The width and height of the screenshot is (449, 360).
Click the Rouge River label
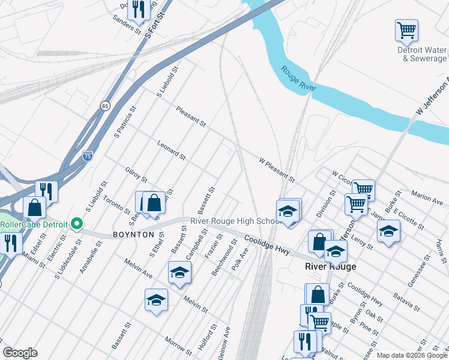pyautogui.click(x=298, y=79)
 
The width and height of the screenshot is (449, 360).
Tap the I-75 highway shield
pyautogui.click(x=88, y=156)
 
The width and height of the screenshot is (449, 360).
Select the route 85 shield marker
pyautogui.click(x=106, y=106)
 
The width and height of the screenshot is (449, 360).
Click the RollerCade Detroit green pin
pyautogui.click(x=76, y=224)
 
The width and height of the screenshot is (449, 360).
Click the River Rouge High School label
pyautogui.click(x=236, y=221)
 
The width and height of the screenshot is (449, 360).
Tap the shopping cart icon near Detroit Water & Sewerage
pyautogui.click(x=406, y=30)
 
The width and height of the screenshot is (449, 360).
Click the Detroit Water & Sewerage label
pyautogui.click(x=423, y=55)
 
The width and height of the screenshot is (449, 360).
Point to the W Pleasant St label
pyautogui.click(x=277, y=170)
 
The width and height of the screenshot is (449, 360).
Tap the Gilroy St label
pyautogui.click(x=136, y=175)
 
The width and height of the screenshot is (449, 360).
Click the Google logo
pyautogui.click(x=20, y=353)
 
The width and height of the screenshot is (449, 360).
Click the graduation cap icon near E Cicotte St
pyautogui.click(x=388, y=230)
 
